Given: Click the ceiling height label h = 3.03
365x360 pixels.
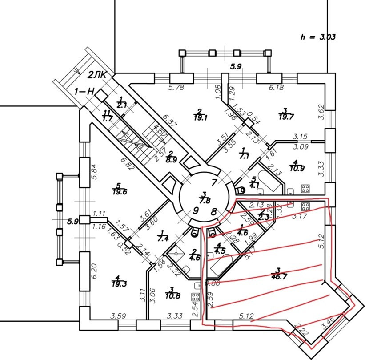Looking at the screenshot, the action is pyautogui.click(x=317, y=37).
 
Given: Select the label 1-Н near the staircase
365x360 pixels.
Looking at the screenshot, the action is pyautogui.click(x=84, y=92).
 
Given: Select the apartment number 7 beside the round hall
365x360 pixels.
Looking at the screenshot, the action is pyautogui.click(x=214, y=182).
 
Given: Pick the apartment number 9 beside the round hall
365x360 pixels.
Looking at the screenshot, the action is pyautogui.click(x=195, y=211).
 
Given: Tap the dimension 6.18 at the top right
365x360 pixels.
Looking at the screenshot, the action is pyautogui.click(x=276, y=88).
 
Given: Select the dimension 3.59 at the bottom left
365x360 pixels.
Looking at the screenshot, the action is pyautogui.click(x=118, y=316).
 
